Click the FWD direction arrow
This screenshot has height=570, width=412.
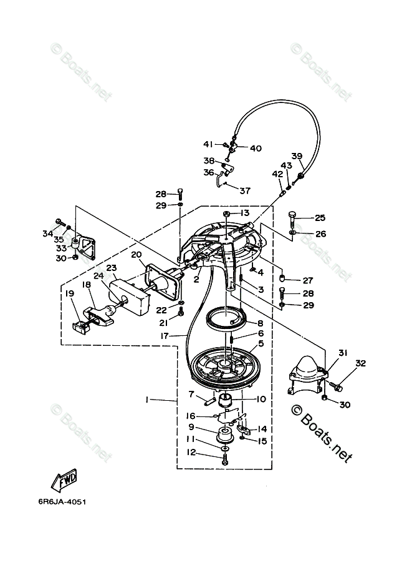click(64, 479)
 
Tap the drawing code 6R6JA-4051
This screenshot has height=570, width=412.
click(62, 502)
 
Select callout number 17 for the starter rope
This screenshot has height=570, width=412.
click(165, 336)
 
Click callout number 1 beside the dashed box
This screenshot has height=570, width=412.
click(146, 400)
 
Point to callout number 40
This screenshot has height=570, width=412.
click(256, 149)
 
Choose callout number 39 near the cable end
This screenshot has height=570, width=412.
click(297, 156)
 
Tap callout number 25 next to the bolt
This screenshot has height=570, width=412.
click(320, 218)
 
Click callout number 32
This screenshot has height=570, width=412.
click(360, 363)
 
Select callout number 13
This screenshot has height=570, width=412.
click(245, 213)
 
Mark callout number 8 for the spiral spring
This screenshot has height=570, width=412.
click(261, 323)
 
